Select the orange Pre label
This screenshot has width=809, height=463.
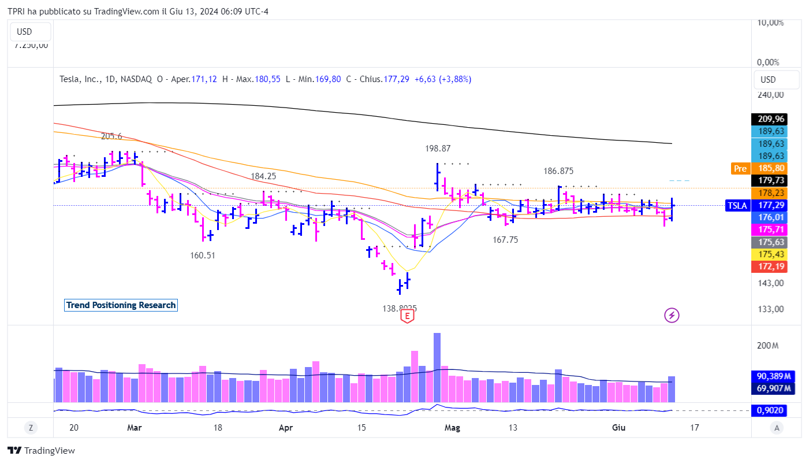tap(740, 169)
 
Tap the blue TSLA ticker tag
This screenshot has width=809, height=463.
tap(737, 205)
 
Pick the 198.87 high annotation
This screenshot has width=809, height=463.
tap(438, 149)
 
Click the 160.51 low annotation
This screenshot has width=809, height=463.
tap(203, 255)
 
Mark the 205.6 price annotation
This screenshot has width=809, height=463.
tap(111, 136)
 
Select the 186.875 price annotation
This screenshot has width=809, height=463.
tap(558, 171)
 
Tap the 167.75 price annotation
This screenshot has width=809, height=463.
tap(505, 240)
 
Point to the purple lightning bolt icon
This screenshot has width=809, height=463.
tap(672, 315)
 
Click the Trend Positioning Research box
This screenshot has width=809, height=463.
tap(121, 305)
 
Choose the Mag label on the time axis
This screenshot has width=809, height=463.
tap(452, 428)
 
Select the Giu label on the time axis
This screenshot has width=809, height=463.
tap(618, 428)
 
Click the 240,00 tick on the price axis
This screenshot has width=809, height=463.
tap(771, 95)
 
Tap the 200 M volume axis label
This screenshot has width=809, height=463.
tap(768, 346)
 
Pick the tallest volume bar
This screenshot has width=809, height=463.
tap(437, 367)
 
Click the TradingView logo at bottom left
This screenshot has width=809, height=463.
tap(42, 451)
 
